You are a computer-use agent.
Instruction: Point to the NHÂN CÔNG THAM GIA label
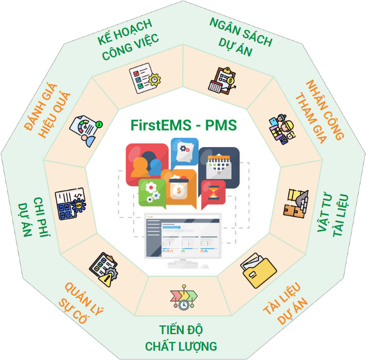pyautogui.click(x=320, y=111)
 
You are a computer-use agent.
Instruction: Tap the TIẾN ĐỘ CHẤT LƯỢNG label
pyautogui.click(x=181, y=338)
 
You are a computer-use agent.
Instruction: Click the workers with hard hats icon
pyautogui.click(x=281, y=128)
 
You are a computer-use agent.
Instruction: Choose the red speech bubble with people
pyautogui.click(x=146, y=161)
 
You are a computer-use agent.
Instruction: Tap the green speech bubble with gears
pyautogui.click(x=152, y=192)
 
